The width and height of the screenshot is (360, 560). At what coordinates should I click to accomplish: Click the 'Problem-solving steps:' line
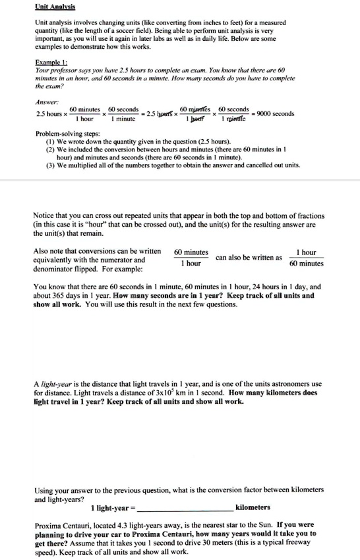[x=67, y=134]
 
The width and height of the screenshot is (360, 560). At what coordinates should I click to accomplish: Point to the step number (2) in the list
[x=51, y=150]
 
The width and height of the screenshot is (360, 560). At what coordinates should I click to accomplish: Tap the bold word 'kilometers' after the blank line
[x=253, y=507]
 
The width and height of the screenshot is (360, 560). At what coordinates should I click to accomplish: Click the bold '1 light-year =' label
[x=113, y=507]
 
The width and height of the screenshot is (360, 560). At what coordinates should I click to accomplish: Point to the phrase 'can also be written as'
[x=249, y=257]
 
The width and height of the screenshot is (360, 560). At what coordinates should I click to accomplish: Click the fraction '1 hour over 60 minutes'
[x=306, y=258]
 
